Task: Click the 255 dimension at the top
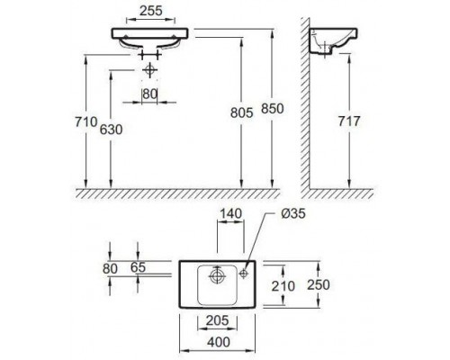coord(151,11)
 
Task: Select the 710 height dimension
coord(86,122)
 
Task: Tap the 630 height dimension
coord(111,130)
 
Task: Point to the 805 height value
coord(242,112)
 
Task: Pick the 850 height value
coord(273,108)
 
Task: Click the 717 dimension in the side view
coord(349,121)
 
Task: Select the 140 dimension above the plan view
coord(230,213)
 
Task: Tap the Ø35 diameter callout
coord(293,213)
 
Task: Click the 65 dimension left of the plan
coord(139,267)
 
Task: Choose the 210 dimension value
coord(283,286)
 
